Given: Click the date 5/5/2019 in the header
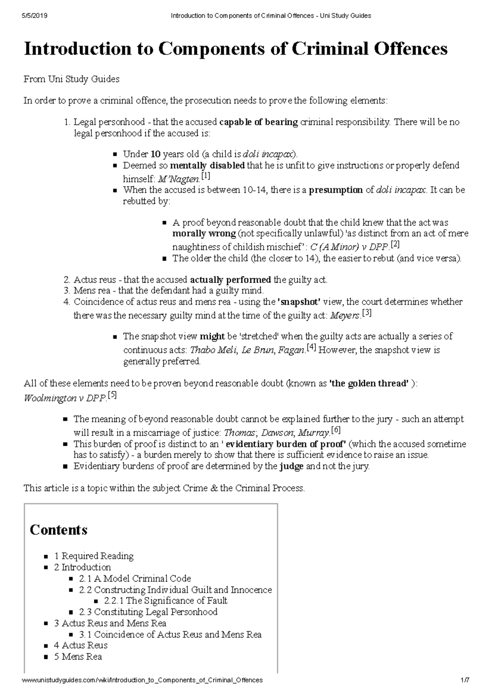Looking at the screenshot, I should [x=35, y=16].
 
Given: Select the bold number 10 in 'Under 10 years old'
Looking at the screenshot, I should [x=155, y=155].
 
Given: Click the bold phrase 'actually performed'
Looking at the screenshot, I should [x=230, y=280].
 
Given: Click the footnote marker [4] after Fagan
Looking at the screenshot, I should [x=311, y=349].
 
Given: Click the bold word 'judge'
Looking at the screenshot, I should [x=292, y=466].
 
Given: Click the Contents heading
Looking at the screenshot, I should [x=59, y=530].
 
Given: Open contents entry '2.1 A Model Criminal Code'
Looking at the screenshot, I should [x=135, y=579].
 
